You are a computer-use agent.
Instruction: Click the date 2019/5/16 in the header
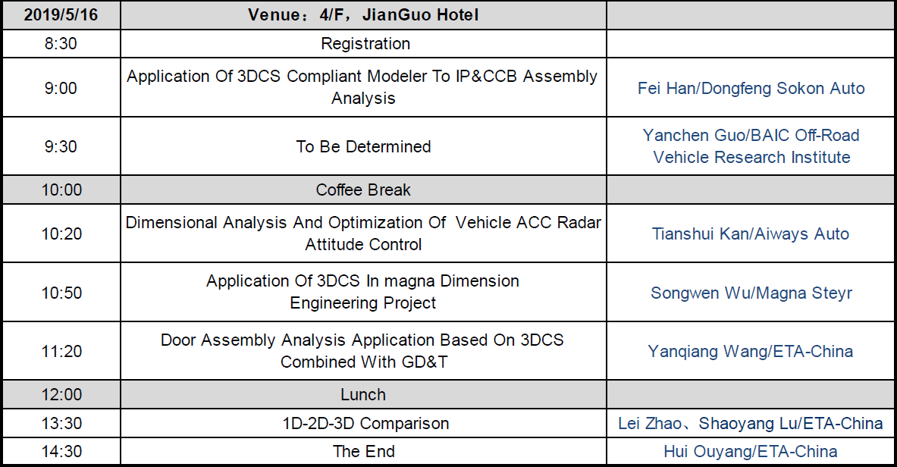[x=61, y=15]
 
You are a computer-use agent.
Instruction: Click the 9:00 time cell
[x=61, y=88]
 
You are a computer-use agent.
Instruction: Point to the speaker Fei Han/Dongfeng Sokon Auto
[x=751, y=88]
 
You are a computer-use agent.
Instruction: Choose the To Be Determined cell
[x=363, y=146]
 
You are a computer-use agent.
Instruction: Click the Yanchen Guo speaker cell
[x=751, y=146]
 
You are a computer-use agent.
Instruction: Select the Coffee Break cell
[x=363, y=190]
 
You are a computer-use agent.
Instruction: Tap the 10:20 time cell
[x=61, y=233]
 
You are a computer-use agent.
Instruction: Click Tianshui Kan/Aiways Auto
[x=751, y=233]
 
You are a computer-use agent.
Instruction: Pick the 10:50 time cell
[x=61, y=293]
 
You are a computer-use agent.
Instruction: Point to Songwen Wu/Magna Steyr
[x=751, y=293]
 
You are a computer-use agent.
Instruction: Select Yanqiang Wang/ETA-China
[x=750, y=351]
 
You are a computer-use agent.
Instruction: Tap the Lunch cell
[x=363, y=394]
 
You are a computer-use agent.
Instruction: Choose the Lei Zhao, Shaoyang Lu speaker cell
[x=751, y=424]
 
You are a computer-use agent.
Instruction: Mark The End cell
[x=364, y=452]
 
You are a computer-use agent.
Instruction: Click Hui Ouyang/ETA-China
[x=751, y=452]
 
